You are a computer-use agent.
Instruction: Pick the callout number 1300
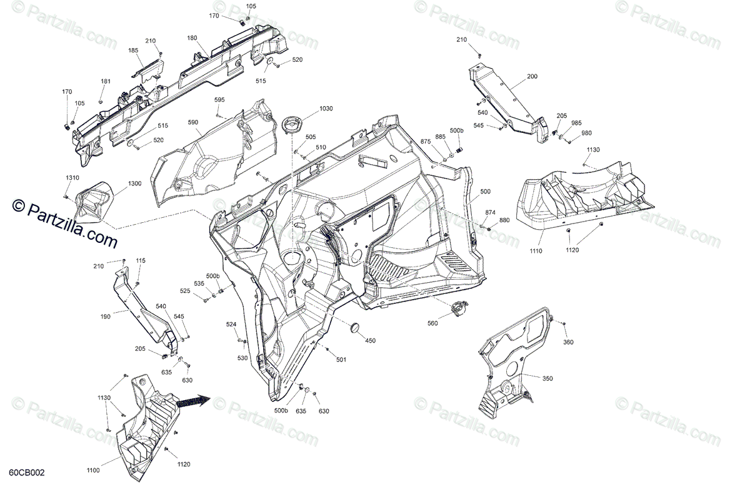(134, 184)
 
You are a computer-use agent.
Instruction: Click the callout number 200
(532, 77)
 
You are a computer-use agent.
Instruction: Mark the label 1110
(536, 251)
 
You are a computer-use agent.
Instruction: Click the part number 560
(432, 323)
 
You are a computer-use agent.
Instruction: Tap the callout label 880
(504, 220)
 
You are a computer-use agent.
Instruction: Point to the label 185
(134, 51)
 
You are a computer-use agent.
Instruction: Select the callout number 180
(192, 39)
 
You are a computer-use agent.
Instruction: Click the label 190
(105, 317)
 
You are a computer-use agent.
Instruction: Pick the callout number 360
(567, 342)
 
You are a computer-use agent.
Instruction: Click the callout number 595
(219, 100)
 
